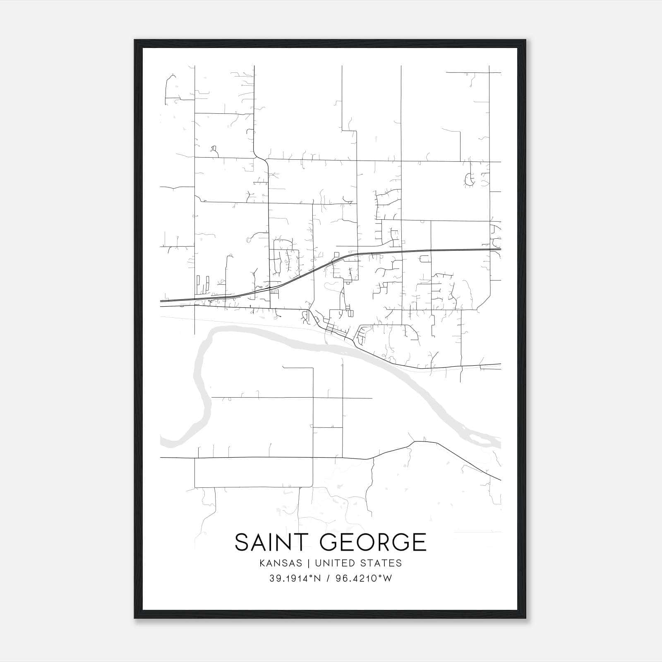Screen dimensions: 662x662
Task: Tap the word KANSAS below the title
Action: pyautogui.click(x=283, y=563)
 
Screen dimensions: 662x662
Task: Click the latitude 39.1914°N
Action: pyautogui.click(x=295, y=578)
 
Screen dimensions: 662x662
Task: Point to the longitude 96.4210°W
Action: pyautogui.click(x=364, y=578)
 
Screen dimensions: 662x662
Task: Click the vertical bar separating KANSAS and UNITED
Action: pyautogui.click(x=312, y=563)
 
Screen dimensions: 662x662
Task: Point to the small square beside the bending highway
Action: pyautogui.click(x=337, y=254)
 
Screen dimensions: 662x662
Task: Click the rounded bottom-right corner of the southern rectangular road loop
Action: pyautogui.click(x=311, y=485)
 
